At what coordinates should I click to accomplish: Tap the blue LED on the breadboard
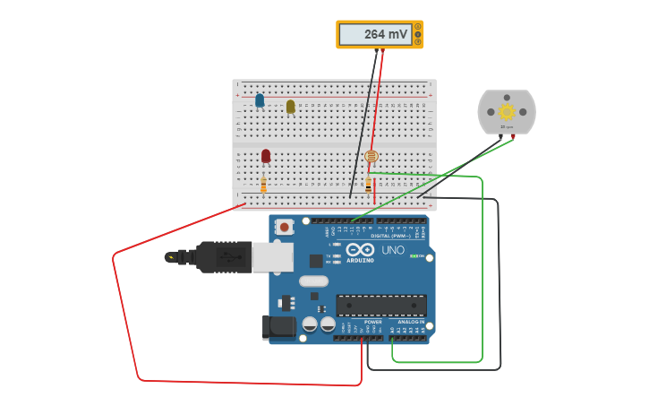point(260,100)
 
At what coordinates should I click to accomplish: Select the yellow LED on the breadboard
point(290,107)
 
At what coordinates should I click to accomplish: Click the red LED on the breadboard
point(266,156)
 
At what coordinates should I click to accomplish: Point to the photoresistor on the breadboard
point(371,157)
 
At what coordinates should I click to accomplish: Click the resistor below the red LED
point(263,185)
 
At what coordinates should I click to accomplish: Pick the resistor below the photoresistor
point(368,185)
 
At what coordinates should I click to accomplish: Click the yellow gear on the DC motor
point(507,111)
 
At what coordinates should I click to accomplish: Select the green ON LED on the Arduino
point(414,256)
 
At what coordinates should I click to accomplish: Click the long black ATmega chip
point(380,305)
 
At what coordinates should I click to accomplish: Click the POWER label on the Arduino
point(373,322)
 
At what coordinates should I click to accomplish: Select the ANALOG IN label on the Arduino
point(411,322)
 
